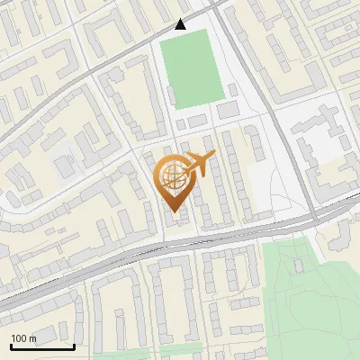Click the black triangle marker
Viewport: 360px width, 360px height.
click(181, 24)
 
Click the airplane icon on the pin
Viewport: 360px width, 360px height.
click(200, 164)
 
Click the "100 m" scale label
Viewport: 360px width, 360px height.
click(23, 338)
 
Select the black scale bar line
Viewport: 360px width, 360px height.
click(42, 346)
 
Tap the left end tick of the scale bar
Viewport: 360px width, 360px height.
click(11, 345)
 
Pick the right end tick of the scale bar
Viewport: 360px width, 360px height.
click(74, 345)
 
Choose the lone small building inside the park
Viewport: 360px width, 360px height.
click(300, 265)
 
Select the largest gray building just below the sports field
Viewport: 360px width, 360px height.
click(228, 110)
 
